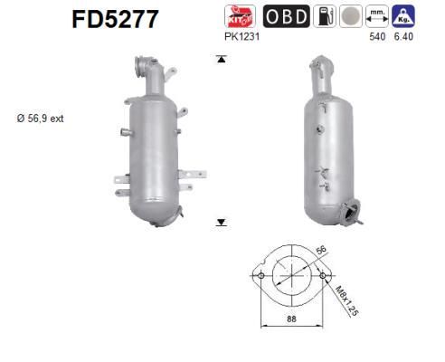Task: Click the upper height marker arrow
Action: [x=220, y=60]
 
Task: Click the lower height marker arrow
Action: [x=220, y=221]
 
